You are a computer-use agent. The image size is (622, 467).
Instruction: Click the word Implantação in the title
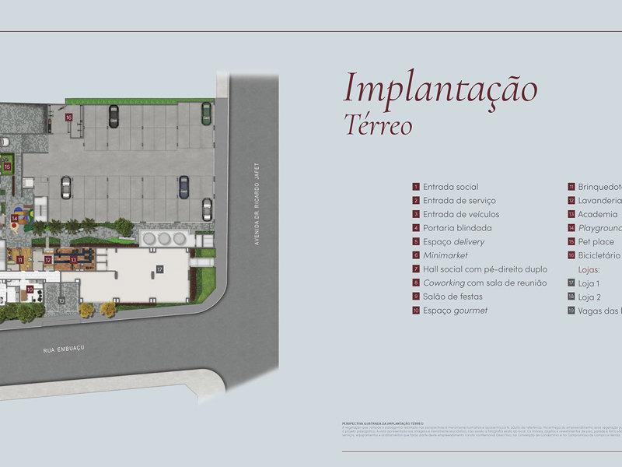(440, 88)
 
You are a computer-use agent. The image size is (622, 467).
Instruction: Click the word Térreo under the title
(379, 125)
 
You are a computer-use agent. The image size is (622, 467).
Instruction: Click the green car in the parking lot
(206, 114)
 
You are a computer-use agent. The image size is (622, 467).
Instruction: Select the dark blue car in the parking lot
(183, 186)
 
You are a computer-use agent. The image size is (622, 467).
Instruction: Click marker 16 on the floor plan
(69, 118)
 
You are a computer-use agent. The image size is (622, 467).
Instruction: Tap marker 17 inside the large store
(159, 269)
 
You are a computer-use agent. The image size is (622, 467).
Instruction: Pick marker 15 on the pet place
(7, 167)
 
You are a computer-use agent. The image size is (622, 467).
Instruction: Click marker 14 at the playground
(15, 219)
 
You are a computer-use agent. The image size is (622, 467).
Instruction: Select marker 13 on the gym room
(73, 259)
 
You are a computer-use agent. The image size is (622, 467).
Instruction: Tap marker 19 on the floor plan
(61, 300)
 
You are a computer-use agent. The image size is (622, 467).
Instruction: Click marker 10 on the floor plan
(30, 289)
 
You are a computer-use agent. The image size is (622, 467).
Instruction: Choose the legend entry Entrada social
(450, 187)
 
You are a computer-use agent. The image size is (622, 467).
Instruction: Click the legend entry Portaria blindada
(457, 228)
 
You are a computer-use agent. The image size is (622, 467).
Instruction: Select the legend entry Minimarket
(445, 255)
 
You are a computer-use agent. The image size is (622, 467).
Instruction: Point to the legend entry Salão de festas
(453, 297)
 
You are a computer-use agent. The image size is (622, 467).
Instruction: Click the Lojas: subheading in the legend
(589, 269)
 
